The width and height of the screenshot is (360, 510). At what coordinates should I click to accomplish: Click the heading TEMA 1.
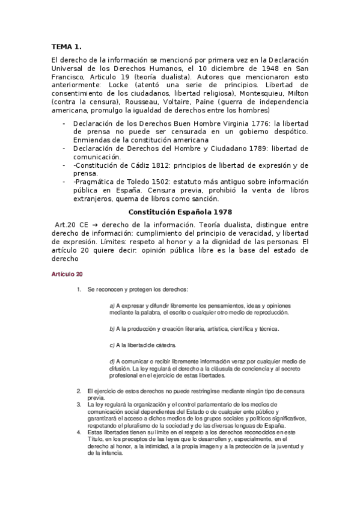tap(66, 46)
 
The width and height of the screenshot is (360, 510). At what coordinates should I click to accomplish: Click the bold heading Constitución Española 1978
tap(180, 212)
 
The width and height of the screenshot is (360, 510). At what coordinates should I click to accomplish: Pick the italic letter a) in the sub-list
tap(112, 306)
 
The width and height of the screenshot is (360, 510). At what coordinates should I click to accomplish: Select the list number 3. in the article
tap(79, 404)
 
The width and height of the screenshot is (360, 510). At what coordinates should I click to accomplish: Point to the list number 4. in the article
tap(79, 432)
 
